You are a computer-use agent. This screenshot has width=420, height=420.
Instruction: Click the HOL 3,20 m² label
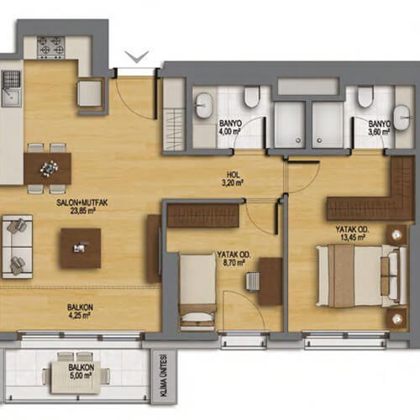(233, 179)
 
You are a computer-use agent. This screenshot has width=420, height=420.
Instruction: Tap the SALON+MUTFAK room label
(81, 202)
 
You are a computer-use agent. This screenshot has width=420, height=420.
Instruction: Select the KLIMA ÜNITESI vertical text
(164, 375)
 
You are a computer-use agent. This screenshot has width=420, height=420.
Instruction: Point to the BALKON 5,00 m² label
(81, 371)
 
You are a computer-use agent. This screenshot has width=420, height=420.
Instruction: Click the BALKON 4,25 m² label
(80, 311)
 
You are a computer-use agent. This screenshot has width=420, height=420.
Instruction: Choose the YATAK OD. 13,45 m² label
(352, 234)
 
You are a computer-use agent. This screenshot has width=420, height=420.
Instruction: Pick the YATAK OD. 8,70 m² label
(234, 259)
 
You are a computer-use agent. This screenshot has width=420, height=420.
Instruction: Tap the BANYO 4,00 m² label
(230, 127)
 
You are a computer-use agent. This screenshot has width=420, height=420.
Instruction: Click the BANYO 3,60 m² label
(380, 128)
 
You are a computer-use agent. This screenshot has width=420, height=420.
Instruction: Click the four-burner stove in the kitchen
(51, 48)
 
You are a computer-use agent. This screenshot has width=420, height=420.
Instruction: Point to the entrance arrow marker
(137, 57)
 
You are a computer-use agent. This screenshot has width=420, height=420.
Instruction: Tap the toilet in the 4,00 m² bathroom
(252, 97)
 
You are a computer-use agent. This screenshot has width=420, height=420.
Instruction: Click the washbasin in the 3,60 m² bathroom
(402, 118)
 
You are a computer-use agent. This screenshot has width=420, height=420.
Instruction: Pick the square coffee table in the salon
(81, 249)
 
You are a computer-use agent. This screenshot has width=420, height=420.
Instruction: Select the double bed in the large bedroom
(361, 276)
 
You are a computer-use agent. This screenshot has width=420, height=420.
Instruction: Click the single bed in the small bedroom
(197, 292)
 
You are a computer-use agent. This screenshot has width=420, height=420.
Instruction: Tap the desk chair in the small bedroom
(252, 281)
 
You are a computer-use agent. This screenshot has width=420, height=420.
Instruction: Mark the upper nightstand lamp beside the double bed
(396, 235)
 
